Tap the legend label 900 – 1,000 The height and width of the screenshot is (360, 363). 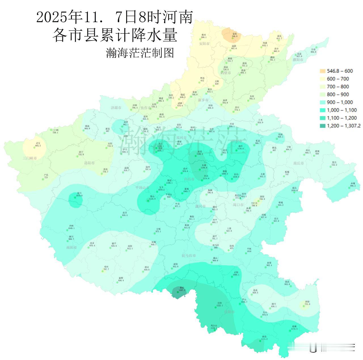pos(340,102)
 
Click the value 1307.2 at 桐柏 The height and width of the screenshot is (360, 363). pos(182,290)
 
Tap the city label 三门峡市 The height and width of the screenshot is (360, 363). pos(30,158)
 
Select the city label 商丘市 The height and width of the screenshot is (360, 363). pos(299,163)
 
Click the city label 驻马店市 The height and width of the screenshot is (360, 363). pos(189,256)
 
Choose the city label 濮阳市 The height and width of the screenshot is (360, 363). pos(298,60)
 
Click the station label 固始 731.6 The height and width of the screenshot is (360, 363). pos(307,303)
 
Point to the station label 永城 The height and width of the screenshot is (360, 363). pos(353,183)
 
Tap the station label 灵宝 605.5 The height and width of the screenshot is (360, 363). pos(38,145)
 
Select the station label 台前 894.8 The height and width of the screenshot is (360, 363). pos(313,50)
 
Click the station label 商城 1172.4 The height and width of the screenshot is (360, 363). pos(295,327)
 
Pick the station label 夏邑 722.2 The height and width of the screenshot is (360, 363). pos(334,164)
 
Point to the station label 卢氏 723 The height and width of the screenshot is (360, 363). pos(46,176)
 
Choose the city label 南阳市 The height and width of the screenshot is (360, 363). pos(71,247)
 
